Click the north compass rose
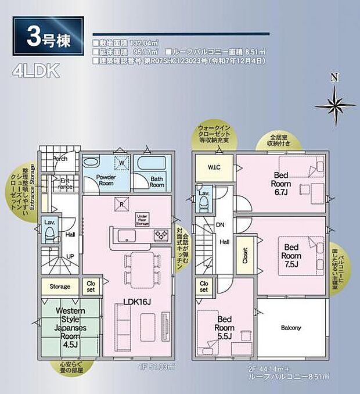click(334, 103)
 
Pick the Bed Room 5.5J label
click(225, 327)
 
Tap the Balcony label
click(291, 328)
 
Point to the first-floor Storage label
click(60, 286)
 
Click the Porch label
click(61, 158)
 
